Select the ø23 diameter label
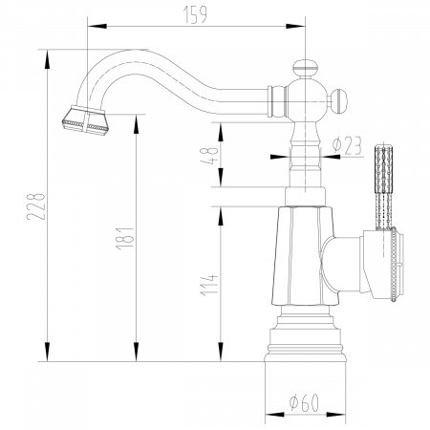pos(345,147)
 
